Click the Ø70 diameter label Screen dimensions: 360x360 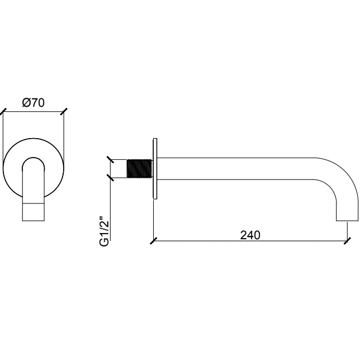[34, 103]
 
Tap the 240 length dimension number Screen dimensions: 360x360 [250, 235]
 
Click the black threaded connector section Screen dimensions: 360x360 [140, 168]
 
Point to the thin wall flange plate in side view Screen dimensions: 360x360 [155, 169]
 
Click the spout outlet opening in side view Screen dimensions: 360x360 [347, 221]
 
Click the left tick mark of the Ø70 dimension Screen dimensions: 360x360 [3, 112]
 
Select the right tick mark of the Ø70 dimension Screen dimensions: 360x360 [64, 112]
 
